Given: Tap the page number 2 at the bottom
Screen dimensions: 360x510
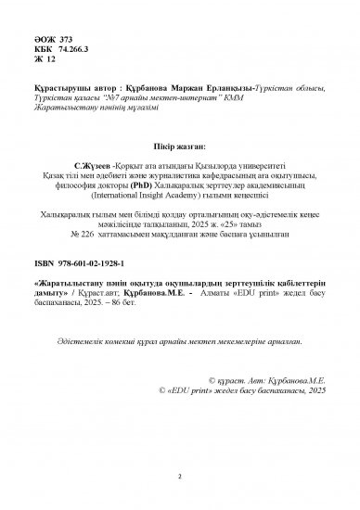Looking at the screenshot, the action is [x=180, y=477].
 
